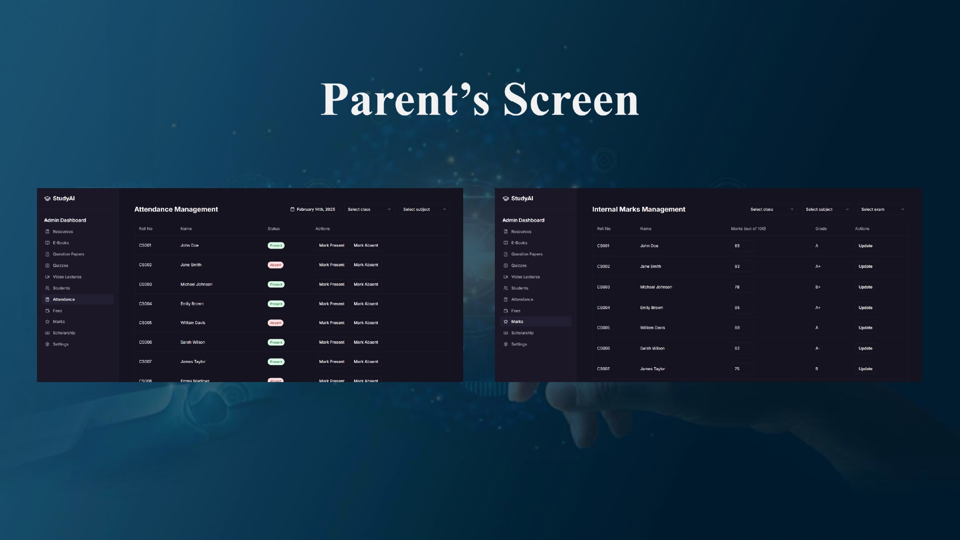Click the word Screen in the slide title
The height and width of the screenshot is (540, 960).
pyautogui.click(x=571, y=99)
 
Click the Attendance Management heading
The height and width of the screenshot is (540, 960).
pyautogui.click(x=176, y=209)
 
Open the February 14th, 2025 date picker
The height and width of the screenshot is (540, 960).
pyautogui.click(x=312, y=209)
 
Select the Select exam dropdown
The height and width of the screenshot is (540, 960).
pyautogui.click(x=882, y=209)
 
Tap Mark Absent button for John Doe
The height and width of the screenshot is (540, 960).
pyautogui.click(x=366, y=245)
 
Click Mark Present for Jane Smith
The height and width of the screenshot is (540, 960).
pyautogui.click(x=332, y=265)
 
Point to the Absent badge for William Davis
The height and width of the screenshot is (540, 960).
pyautogui.click(x=276, y=323)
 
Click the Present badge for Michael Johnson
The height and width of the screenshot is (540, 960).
pyautogui.click(x=276, y=285)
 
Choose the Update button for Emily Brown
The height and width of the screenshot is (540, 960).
pyautogui.click(x=865, y=308)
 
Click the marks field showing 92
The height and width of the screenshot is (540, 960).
pyautogui.click(x=742, y=266)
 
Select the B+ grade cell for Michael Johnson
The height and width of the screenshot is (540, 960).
pyautogui.click(x=817, y=287)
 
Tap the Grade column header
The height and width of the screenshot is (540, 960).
pyautogui.click(x=821, y=228)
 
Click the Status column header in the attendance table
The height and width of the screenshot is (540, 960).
pyautogui.click(x=274, y=228)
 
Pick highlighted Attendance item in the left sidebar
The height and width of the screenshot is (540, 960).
pyautogui.click(x=64, y=300)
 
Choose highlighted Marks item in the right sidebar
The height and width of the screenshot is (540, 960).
pyautogui.click(x=517, y=322)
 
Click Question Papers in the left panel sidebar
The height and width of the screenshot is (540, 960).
pyautogui.click(x=68, y=254)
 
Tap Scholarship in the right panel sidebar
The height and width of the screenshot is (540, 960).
pyautogui.click(x=522, y=333)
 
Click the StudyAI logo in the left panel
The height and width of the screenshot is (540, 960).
pyautogui.click(x=60, y=199)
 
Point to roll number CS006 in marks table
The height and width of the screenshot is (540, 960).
pyautogui.click(x=603, y=348)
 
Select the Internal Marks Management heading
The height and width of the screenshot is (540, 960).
pyautogui.click(x=638, y=209)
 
